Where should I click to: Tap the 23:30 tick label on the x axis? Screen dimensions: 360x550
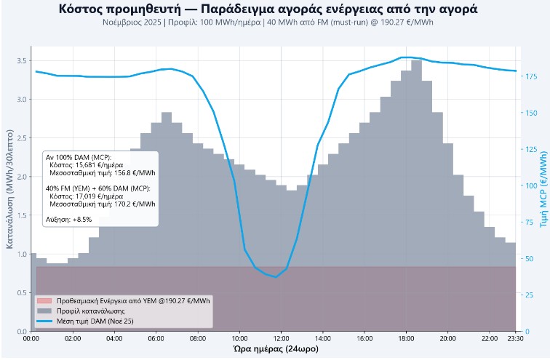[x=516, y=338]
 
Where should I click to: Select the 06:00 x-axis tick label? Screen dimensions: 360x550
[x=156, y=338]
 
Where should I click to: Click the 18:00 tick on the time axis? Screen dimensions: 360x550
[x=406, y=338]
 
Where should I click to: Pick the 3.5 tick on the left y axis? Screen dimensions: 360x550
[x=21, y=60]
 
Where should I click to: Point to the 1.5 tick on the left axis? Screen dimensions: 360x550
[x=21, y=215]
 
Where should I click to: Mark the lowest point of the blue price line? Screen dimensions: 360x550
[x=275, y=277]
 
